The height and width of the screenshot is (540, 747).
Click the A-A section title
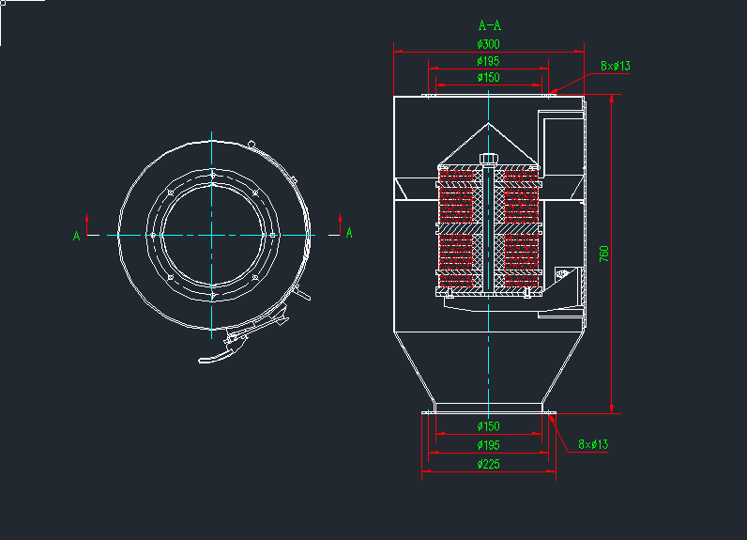pos(488,25)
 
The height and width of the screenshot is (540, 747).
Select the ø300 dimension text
pos(488,44)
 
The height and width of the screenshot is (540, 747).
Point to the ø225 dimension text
pos(488,464)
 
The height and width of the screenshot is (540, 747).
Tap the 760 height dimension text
pos(604,254)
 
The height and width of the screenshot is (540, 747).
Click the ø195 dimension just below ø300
pos(488,61)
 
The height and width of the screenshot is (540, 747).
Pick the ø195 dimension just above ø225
pos(488,445)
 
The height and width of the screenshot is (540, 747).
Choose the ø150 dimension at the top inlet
pos(488,78)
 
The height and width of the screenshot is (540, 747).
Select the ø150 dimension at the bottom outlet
pos(488,427)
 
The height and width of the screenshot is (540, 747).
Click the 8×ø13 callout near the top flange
pos(616,66)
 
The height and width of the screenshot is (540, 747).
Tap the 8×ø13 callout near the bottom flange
pos(593,444)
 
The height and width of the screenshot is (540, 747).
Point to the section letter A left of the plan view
pos(76,236)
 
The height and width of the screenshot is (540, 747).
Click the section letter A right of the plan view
pos(349,233)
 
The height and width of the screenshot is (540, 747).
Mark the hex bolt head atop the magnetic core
pos(488,157)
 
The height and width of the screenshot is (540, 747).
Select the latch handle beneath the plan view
pos(225,352)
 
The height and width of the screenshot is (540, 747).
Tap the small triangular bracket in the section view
pos(563,274)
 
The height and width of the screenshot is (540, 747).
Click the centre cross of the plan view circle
pos(214,234)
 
